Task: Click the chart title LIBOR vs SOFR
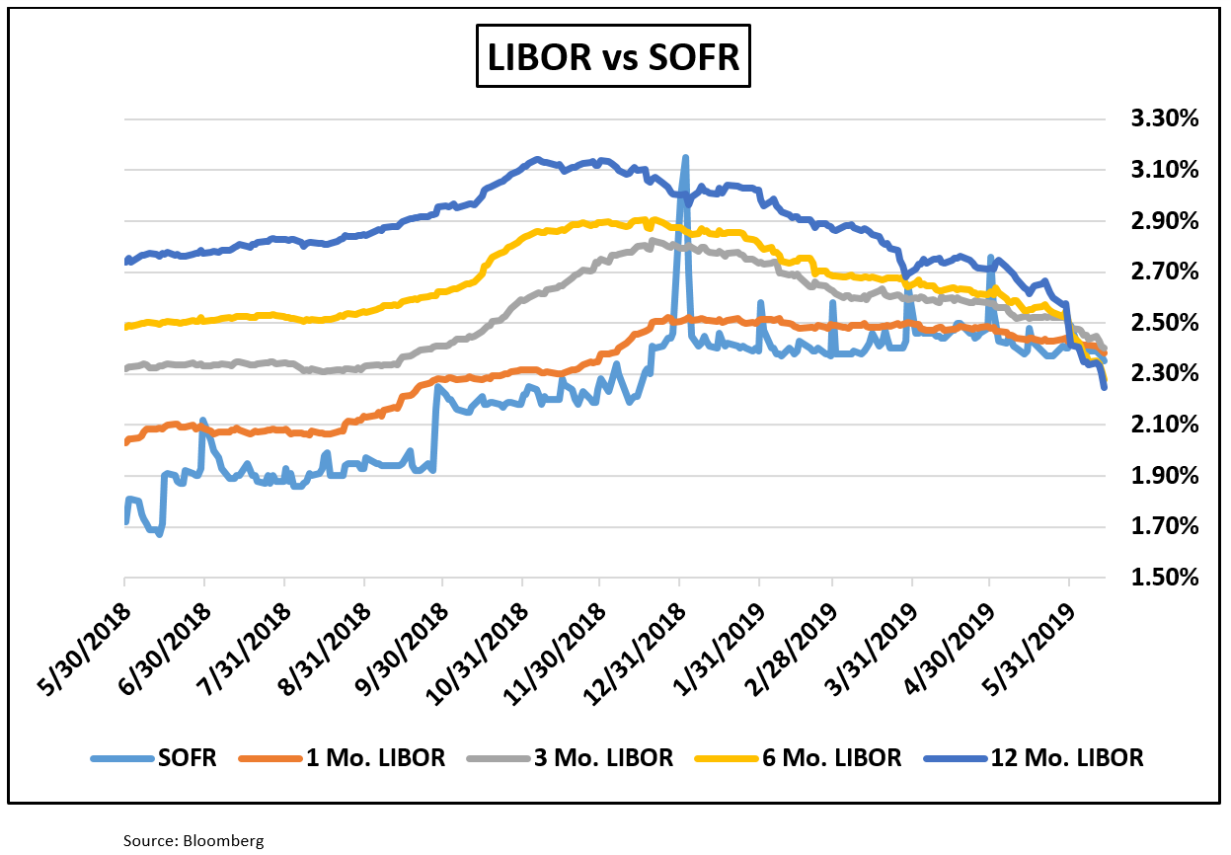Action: click(613, 57)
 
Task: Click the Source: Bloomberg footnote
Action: click(193, 840)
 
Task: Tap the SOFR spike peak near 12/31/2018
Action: click(684, 157)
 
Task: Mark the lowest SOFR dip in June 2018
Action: click(159, 533)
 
